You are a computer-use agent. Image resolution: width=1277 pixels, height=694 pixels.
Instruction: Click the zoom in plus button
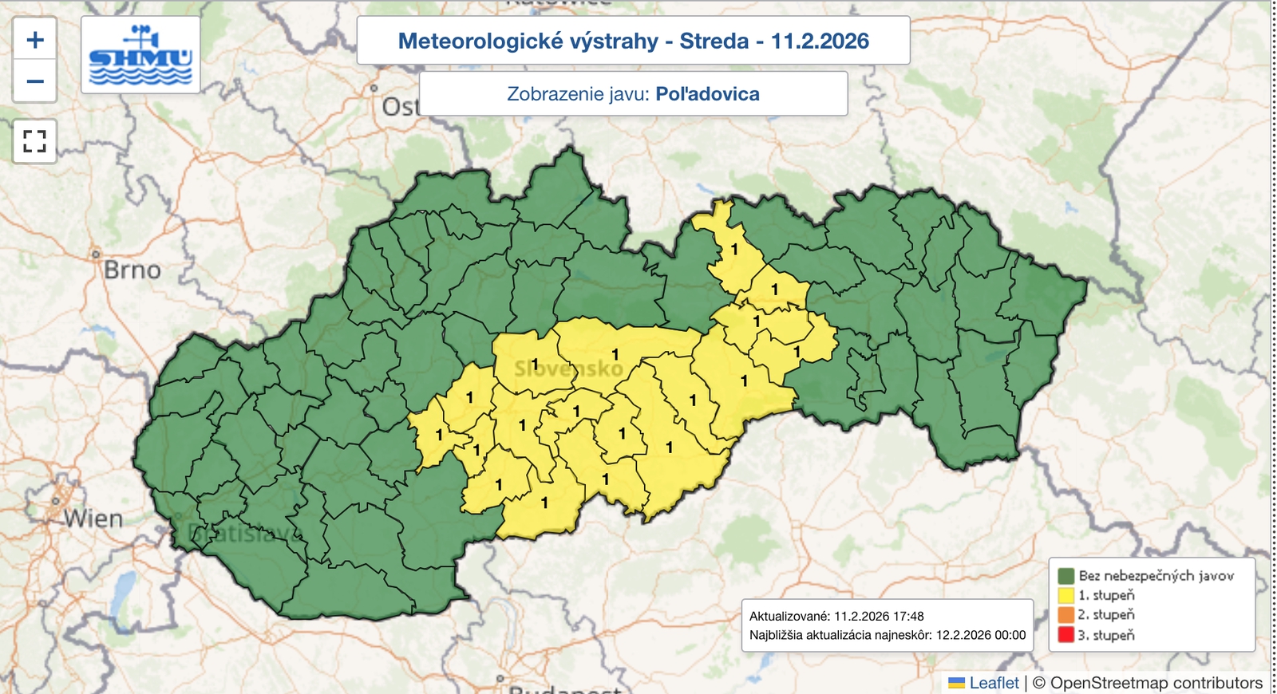(35, 40)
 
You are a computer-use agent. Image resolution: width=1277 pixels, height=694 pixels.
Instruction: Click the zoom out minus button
(35, 81)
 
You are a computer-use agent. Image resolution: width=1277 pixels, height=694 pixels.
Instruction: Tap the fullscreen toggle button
(35, 142)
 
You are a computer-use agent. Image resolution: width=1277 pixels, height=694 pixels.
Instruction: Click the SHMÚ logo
(140, 55)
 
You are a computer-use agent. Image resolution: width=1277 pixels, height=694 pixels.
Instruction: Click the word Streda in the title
(714, 41)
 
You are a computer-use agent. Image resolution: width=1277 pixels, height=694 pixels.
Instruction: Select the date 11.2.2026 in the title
(820, 41)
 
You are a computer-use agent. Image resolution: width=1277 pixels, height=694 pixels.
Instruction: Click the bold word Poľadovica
(707, 94)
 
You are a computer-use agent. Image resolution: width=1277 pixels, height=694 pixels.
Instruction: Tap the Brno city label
(132, 270)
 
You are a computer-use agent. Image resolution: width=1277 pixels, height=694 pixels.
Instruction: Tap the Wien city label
(93, 519)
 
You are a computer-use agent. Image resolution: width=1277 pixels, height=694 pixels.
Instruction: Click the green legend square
(1065, 576)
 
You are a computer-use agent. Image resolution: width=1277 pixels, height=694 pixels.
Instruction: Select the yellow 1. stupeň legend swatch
(1065, 595)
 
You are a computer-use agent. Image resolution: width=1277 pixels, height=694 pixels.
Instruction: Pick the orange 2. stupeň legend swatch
(1065, 615)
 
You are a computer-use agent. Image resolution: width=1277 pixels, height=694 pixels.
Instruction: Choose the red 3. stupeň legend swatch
(1065, 635)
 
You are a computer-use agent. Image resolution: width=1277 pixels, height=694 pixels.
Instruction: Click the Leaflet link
(994, 683)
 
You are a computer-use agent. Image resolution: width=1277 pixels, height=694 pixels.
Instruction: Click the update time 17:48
(909, 616)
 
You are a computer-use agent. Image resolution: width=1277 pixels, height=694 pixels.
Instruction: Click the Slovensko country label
(568, 369)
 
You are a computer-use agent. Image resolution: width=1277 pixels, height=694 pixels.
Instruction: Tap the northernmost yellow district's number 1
(735, 250)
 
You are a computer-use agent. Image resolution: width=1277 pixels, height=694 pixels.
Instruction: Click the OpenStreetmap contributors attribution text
(1156, 683)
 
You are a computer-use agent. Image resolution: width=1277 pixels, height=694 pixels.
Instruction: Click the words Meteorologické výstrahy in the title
(528, 41)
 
